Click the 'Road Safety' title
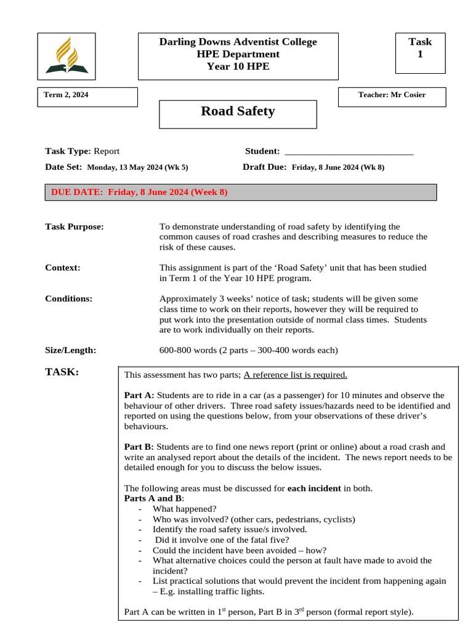(x=238, y=111)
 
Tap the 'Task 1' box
(x=420, y=48)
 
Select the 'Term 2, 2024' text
(x=66, y=95)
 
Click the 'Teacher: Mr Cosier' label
(x=392, y=95)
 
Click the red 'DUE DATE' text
(x=139, y=192)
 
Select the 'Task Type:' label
(x=68, y=151)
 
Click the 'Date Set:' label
(x=63, y=167)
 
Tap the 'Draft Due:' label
(x=265, y=167)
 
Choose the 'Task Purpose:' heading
(x=75, y=226)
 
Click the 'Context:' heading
(x=63, y=268)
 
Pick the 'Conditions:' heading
(x=69, y=299)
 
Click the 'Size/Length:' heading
(x=71, y=350)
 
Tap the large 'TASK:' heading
(x=62, y=372)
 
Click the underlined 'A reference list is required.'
(x=296, y=375)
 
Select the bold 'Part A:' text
(x=139, y=395)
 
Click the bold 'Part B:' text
(x=139, y=447)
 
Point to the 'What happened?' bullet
(x=185, y=509)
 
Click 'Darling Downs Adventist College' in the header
(x=238, y=42)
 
